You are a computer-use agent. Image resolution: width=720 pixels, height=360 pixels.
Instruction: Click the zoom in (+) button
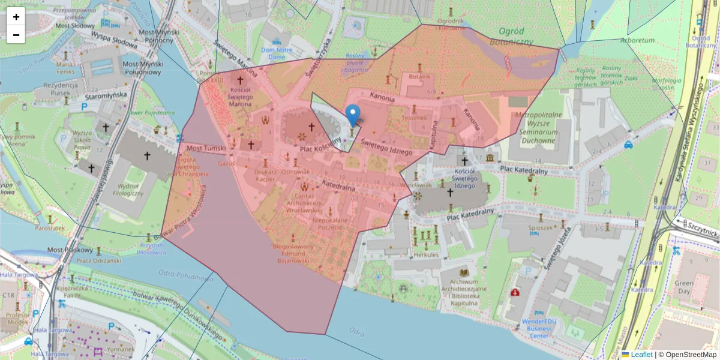(16, 17)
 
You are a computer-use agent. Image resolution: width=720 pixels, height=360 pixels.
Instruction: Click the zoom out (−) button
(16, 35)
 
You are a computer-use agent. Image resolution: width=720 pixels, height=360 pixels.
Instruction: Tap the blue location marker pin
(353, 115)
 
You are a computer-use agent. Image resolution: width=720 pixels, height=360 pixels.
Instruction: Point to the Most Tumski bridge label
(206, 148)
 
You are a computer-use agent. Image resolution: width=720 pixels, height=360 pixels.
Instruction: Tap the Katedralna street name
(339, 185)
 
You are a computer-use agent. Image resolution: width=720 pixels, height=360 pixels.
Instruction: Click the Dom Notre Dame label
(277, 53)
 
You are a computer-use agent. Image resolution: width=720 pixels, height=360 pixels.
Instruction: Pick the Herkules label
(424, 255)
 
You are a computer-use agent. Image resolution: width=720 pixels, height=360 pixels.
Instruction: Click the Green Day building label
(683, 287)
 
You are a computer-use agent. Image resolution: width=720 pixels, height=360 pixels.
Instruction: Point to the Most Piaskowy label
(70, 250)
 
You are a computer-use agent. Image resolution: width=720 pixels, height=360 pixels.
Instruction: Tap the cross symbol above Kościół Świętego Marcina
(240, 80)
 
